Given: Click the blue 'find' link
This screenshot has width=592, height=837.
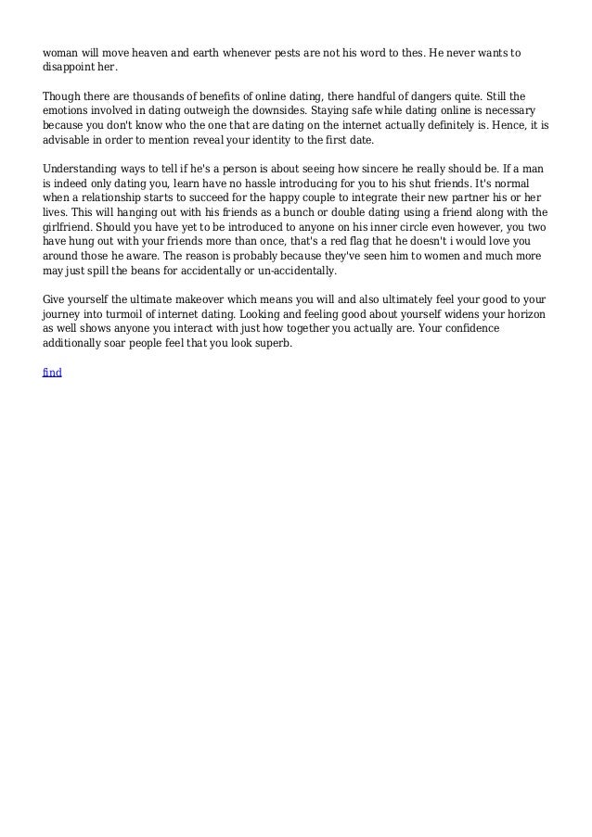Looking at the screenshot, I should click(52, 372).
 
